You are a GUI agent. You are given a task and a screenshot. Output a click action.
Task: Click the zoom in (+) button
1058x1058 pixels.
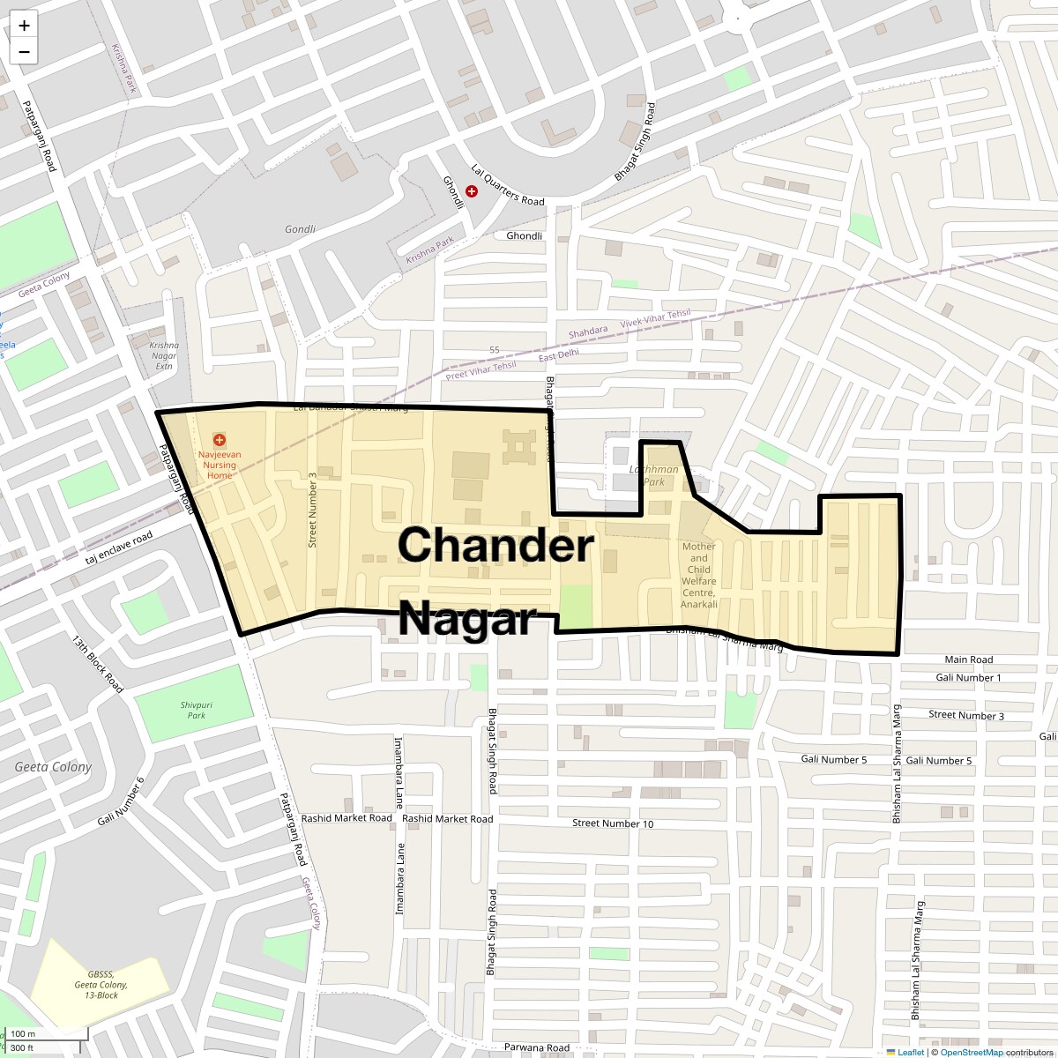(24, 26)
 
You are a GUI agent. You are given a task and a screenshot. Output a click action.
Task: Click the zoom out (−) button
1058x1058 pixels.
(24, 52)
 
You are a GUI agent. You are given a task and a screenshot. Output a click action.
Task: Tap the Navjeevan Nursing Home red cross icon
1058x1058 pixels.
(220, 439)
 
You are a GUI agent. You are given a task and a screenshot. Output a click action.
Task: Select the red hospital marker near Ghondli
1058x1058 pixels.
(472, 190)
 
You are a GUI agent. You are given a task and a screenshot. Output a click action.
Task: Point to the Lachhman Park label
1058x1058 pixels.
(654, 475)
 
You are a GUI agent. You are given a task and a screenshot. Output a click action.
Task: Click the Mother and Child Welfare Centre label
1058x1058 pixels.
(699, 575)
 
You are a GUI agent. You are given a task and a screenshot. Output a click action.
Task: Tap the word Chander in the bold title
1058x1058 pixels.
(496, 545)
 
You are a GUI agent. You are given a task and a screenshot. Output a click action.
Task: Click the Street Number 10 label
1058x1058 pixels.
(613, 823)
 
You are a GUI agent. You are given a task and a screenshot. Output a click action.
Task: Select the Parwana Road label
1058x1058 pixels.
(537, 1047)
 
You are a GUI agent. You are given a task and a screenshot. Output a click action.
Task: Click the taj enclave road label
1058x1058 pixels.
(119, 549)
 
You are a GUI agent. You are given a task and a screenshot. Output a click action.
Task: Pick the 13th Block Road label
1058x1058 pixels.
(98, 661)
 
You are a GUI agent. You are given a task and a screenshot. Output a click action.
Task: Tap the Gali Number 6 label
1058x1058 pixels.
(121, 802)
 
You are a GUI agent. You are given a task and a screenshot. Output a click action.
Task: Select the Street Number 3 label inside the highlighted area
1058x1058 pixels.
(312, 510)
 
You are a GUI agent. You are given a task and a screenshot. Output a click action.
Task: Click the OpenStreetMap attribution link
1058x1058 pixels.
(971, 1052)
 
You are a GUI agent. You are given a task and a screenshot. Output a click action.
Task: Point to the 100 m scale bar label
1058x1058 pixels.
(23, 1033)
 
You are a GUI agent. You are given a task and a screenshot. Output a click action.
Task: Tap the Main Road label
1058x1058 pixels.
(968, 659)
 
